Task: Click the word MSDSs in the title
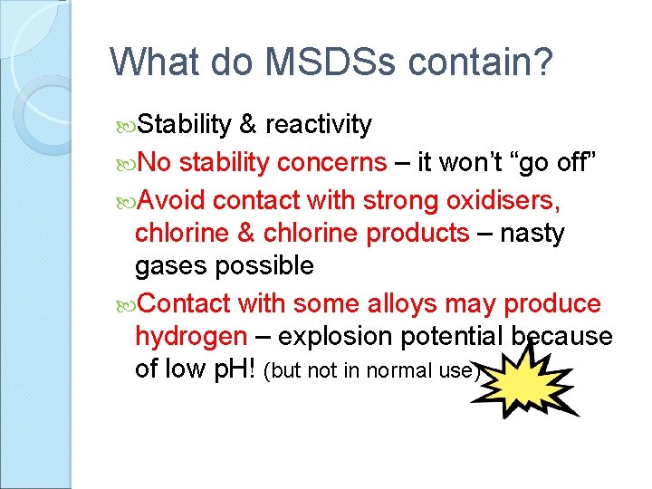tap(308, 62)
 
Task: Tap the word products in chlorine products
tap(417, 233)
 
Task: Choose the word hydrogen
tap(190, 337)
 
